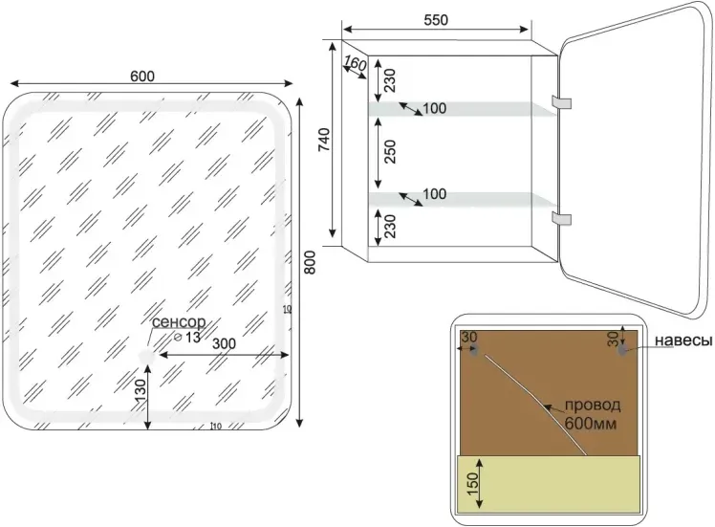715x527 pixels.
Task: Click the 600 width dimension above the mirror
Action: (142, 76)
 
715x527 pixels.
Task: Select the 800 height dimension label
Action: (310, 262)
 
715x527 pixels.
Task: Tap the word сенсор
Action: (179, 322)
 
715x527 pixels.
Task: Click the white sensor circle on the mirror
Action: (147, 356)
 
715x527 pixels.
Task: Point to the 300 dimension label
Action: (224, 343)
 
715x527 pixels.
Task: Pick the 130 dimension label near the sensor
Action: (141, 390)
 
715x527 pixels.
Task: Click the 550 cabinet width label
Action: (436, 20)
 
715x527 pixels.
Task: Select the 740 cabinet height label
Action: (323, 140)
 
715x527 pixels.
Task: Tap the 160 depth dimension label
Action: (355, 63)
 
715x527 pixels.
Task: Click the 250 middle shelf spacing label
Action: (390, 152)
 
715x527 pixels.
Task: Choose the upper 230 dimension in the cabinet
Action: (389, 80)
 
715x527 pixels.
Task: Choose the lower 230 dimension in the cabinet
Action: (389, 227)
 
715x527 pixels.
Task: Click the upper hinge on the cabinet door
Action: (561, 102)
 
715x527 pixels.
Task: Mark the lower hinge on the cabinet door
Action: (561, 219)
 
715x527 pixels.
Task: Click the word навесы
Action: (683, 340)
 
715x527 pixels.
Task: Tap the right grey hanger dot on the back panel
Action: (622, 350)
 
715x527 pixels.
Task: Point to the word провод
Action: (593, 405)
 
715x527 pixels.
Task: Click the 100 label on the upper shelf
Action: (435, 108)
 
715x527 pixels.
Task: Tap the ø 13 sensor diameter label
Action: (187, 338)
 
